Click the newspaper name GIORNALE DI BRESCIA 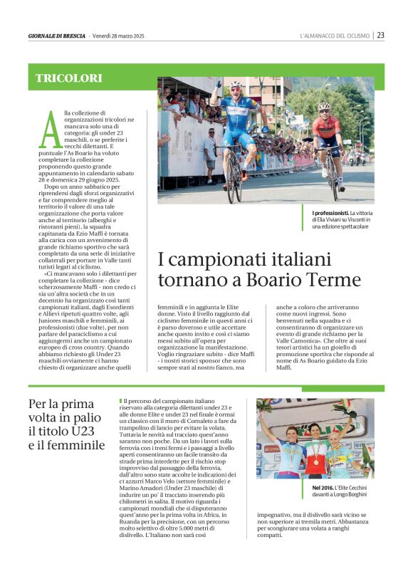click(57, 36)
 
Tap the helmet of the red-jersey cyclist click(323, 107)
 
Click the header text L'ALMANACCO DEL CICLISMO click(335, 36)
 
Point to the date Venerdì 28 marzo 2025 click(119, 36)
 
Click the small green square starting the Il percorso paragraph click(121, 402)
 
